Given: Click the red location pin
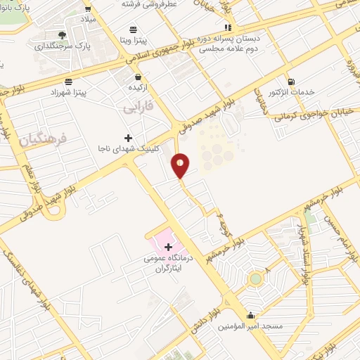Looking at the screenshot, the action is (x=181, y=165).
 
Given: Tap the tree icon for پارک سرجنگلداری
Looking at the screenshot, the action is (x=62, y=35).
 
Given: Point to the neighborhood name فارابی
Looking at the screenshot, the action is (x=138, y=108).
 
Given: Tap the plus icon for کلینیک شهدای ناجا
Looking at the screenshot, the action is (x=127, y=137).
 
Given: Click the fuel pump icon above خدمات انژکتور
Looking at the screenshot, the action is (x=291, y=82).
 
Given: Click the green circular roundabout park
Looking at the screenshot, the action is (x=255, y=279).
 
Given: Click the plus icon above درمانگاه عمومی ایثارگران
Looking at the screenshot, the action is (x=168, y=247).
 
